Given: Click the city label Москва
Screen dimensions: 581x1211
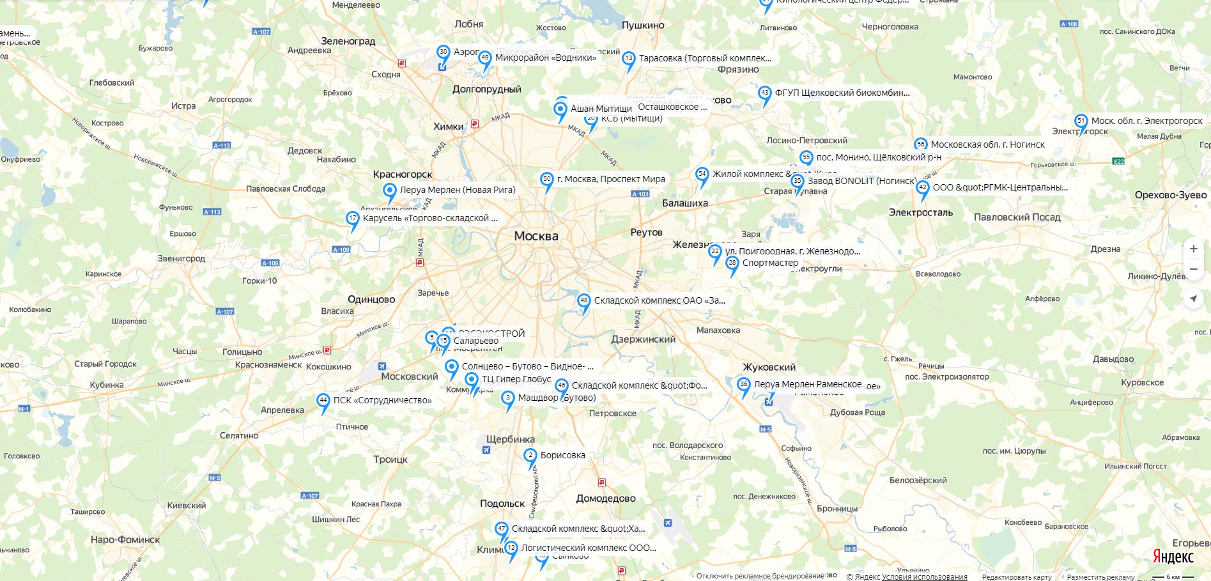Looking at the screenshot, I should click(536, 236).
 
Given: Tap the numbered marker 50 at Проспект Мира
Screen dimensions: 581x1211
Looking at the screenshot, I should click(546, 180).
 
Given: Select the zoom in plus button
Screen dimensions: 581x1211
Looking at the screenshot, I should click(1193, 249).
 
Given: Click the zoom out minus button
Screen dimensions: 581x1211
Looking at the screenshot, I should click(1193, 269).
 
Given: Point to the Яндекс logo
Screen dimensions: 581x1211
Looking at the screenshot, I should click(1173, 557).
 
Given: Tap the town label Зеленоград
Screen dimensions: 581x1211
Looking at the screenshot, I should click(348, 41).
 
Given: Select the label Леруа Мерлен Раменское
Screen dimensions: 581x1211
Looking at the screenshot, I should click(807, 384).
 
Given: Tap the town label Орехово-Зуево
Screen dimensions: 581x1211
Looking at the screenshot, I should click(1171, 195).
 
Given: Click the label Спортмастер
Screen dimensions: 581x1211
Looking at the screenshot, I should click(770, 263).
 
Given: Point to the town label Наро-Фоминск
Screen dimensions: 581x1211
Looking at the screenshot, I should click(125, 539).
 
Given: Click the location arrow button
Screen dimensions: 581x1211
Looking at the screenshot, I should click(1193, 298).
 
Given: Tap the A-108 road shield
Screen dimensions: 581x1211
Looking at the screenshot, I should click(1068, 24).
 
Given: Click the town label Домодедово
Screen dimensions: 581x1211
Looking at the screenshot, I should click(606, 499).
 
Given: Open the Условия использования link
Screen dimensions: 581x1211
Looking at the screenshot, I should click(924, 577).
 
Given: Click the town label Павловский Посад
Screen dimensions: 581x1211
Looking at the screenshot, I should click(1017, 217).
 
